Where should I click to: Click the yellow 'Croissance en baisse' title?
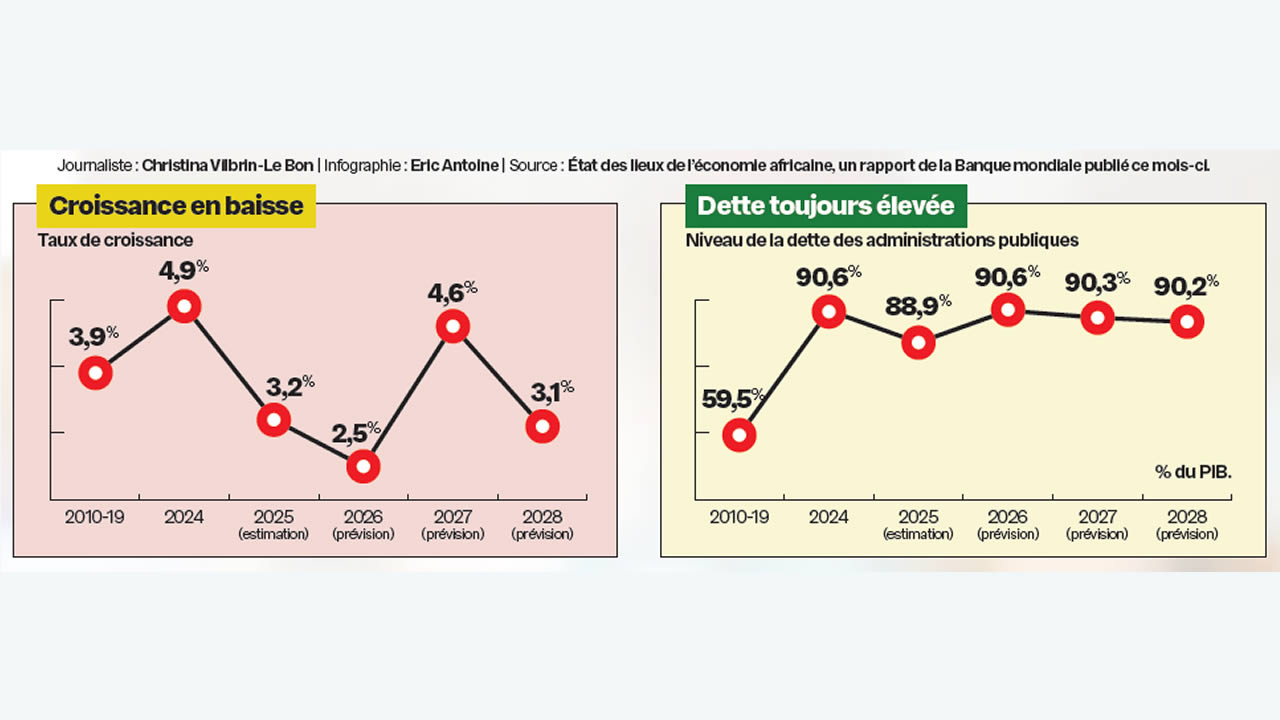pyautogui.click(x=176, y=206)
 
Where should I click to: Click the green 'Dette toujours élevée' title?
pyautogui.click(x=825, y=206)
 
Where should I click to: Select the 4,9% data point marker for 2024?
pyautogui.click(x=184, y=306)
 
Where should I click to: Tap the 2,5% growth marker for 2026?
pyautogui.click(x=363, y=466)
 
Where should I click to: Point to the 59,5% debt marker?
pyautogui.click(x=739, y=435)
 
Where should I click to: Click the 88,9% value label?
pyautogui.click(x=913, y=306)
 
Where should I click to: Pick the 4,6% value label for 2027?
pyautogui.click(x=453, y=292)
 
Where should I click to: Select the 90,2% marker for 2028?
pyautogui.click(x=1187, y=322)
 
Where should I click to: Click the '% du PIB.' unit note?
pyautogui.click(x=1193, y=471)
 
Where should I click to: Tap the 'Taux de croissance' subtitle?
pyautogui.click(x=115, y=240)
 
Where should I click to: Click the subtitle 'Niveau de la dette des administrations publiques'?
pyautogui.click(x=881, y=240)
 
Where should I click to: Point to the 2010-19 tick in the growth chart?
pyautogui.click(x=95, y=517)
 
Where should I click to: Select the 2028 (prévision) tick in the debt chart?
pyautogui.click(x=1187, y=525)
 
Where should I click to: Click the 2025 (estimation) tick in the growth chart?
pyautogui.click(x=274, y=525)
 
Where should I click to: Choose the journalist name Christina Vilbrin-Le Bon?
pyautogui.click(x=227, y=165)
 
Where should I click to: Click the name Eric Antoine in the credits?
pyautogui.click(x=454, y=165)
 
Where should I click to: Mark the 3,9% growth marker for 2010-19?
pyautogui.click(x=95, y=373)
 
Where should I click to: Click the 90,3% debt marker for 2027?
pyautogui.click(x=1098, y=319)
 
